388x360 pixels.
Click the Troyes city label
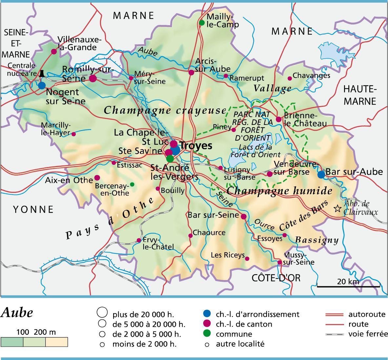pyautogui.click(x=196, y=146)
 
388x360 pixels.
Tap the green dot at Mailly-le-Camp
pyautogui.click(x=202, y=23)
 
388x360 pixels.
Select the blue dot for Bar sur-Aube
pyautogui.click(x=321, y=175)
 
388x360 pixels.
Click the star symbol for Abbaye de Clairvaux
pyautogui.click(x=337, y=208)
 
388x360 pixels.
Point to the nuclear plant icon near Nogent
pyautogui.click(x=42, y=73)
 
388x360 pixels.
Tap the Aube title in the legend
pyautogui.click(x=17, y=313)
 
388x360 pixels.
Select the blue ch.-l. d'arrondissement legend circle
pyautogui.click(x=207, y=314)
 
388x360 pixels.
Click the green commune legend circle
pyautogui.click(x=207, y=334)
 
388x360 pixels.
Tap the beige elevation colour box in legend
pyautogui.click(x=56, y=342)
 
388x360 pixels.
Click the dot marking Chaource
pyautogui.click(x=190, y=236)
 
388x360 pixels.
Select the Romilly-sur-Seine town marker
pyautogui.click(x=93, y=78)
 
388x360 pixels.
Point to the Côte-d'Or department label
pyautogui.click(x=276, y=278)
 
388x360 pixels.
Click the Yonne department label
pyautogui.click(x=33, y=209)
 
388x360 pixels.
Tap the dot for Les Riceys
pyautogui.click(x=247, y=258)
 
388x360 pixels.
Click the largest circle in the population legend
pyautogui.click(x=102, y=312)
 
